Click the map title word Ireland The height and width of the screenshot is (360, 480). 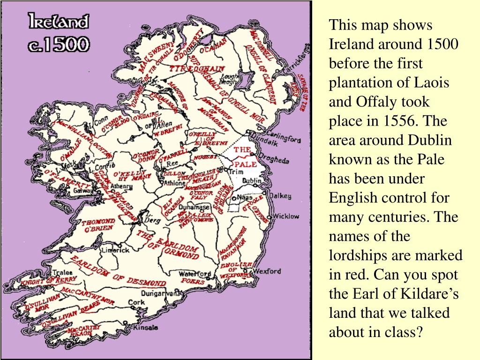pyautogui.click(x=58, y=22)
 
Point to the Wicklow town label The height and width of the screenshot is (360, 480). pyautogui.click(x=285, y=217)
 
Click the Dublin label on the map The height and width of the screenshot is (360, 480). pyautogui.click(x=252, y=180)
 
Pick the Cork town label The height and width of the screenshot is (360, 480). pyautogui.click(x=136, y=302)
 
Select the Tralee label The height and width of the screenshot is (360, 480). pyautogui.click(x=61, y=272)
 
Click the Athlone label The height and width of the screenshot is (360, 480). pyautogui.click(x=174, y=183)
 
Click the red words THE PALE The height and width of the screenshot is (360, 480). pyautogui.click(x=244, y=157)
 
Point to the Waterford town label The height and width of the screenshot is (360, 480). pyautogui.click(x=196, y=274)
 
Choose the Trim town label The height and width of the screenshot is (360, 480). pyautogui.click(x=235, y=172)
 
